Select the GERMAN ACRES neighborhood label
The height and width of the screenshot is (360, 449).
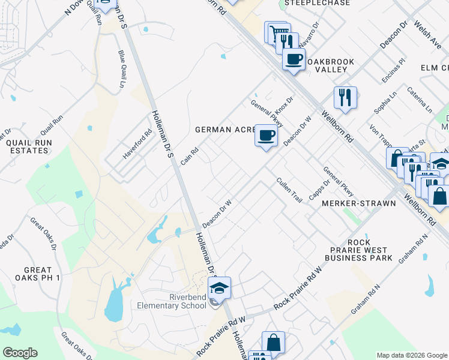[x=226, y=130]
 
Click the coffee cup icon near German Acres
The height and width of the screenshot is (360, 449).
[x=266, y=134]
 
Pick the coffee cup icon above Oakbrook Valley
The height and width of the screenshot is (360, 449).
[x=294, y=59]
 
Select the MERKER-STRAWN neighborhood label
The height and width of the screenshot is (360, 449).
[x=359, y=203]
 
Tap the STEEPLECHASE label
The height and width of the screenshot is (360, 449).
[x=309, y=3]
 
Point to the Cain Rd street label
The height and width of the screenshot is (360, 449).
[x=190, y=158]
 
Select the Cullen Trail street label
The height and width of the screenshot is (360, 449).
[x=289, y=190]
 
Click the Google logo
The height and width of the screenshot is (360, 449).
[x=20, y=353]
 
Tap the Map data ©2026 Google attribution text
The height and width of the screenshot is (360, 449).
[x=411, y=355]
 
